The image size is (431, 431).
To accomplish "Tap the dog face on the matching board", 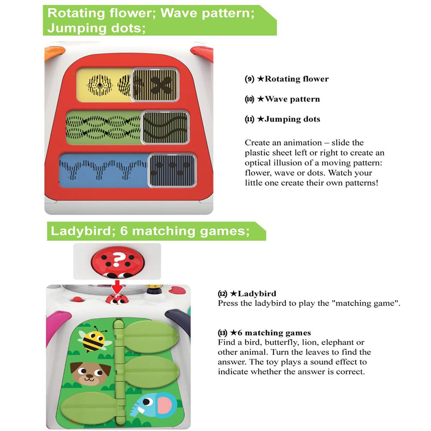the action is coord(90,373).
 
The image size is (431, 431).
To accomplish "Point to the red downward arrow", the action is coord(118,287).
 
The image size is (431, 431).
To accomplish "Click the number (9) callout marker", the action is coord(250,79).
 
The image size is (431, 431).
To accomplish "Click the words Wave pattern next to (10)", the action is coord(292,99).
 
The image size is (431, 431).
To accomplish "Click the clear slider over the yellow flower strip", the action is coord(155,84).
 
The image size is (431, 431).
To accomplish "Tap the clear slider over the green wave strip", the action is coord(165,127).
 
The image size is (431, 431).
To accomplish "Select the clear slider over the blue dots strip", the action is coord(172,170).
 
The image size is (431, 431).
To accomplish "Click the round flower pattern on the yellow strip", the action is coord(100,85).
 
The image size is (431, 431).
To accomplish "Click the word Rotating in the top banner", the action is coord(76,13).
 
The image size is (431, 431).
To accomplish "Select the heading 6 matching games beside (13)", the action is coord(274,333).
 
